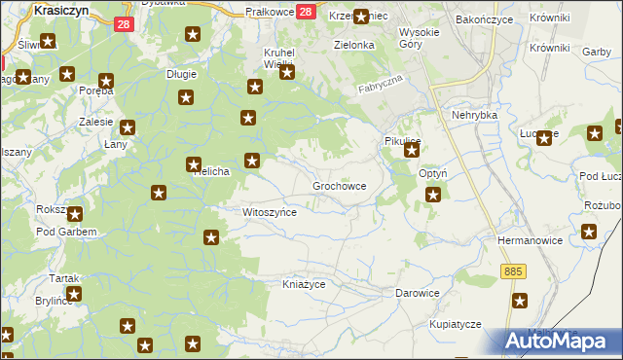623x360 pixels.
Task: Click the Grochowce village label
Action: coord(339,185)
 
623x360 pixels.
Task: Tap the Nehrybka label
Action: coord(474,115)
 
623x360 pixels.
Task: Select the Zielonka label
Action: coord(354,45)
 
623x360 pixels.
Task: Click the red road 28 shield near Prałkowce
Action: coord(305,12)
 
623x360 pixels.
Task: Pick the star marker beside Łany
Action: coord(128,126)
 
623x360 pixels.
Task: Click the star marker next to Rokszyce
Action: coord(73,213)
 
